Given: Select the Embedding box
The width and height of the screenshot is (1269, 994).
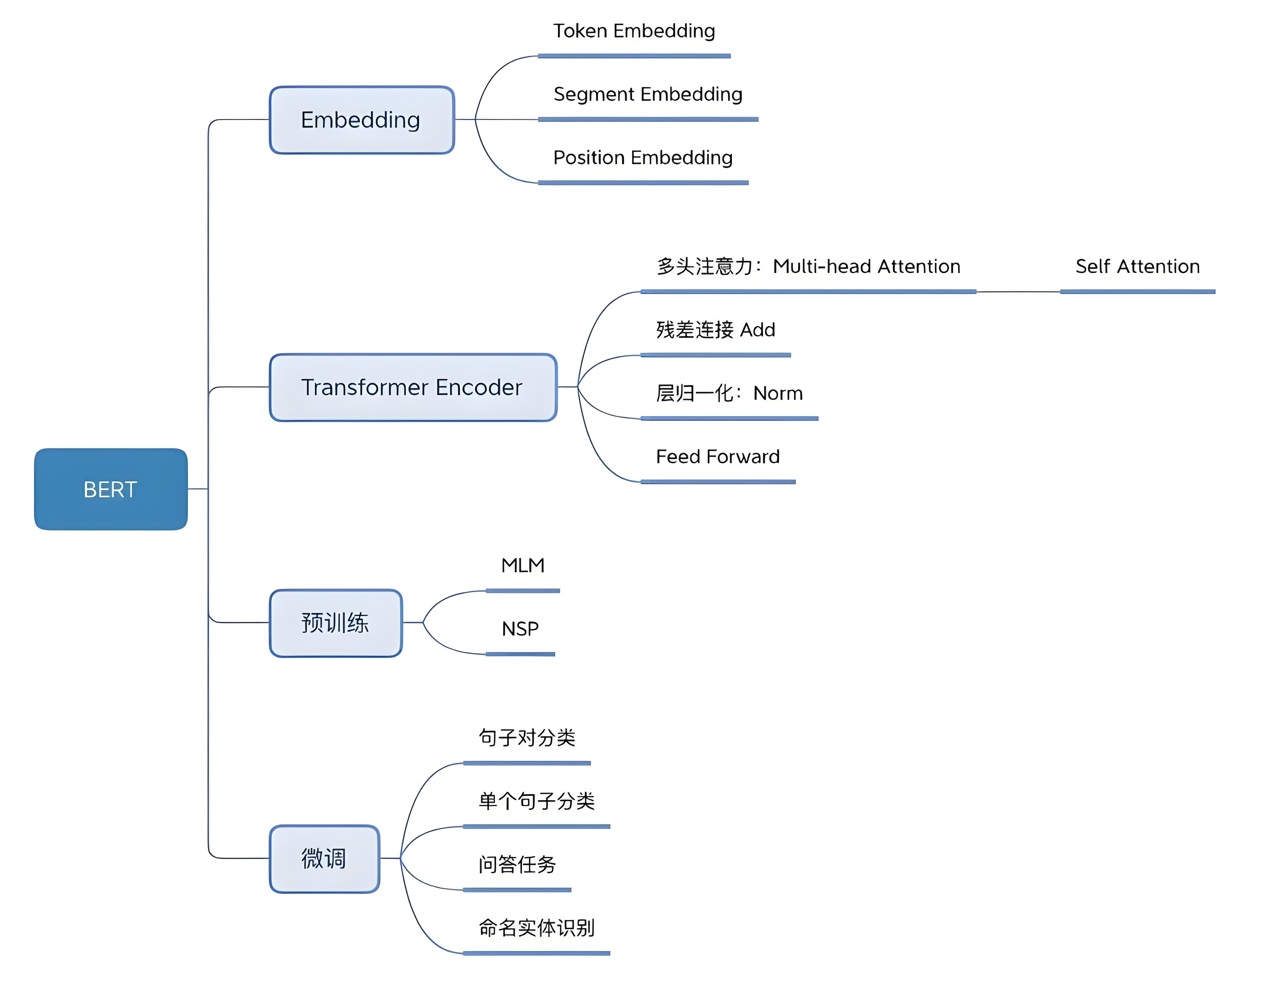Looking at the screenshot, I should (x=361, y=120).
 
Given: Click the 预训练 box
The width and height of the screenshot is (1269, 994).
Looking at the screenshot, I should (x=335, y=623).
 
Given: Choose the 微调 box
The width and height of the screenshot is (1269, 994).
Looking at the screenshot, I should (x=324, y=858).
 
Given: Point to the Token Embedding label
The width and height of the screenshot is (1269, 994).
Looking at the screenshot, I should (x=634, y=31).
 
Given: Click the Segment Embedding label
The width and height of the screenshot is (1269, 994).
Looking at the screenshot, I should (x=648, y=94).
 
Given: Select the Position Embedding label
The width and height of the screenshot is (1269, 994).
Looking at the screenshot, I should (x=642, y=158).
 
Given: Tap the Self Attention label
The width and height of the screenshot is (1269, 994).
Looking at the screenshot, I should (x=1137, y=267).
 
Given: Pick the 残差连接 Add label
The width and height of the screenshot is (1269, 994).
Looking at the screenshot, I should (x=715, y=330).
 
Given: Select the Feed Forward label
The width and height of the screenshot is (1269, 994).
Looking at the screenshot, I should (x=718, y=457).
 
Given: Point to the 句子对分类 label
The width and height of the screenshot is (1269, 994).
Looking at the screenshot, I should (x=526, y=738).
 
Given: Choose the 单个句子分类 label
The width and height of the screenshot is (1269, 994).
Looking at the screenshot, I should (x=536, y=801).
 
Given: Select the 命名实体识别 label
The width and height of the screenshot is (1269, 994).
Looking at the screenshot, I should (x=536, y=928).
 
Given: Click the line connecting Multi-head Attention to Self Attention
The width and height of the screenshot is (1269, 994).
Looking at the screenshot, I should (x=1018, y=292).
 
